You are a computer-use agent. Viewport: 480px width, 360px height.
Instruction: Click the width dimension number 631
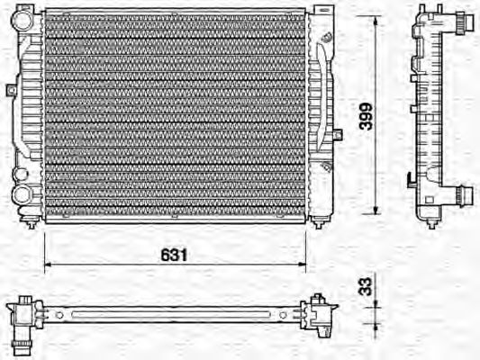175,255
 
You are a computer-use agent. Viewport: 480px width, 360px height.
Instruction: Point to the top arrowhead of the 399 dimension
376,19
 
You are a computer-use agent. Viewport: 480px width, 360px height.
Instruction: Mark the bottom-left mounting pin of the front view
33,225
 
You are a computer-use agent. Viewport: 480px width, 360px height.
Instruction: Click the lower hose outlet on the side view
463,194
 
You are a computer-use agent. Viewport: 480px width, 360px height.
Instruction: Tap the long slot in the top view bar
171,314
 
